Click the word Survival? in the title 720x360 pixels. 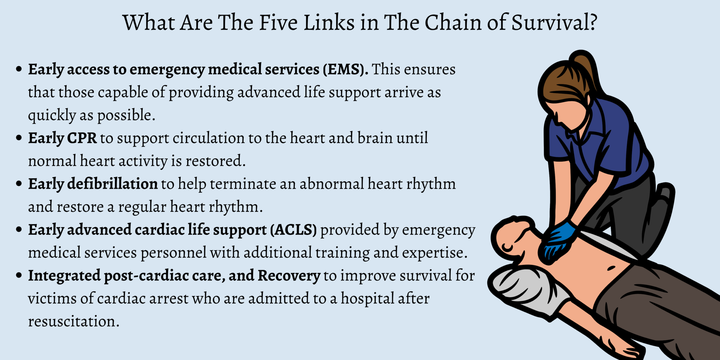tap(554, 23)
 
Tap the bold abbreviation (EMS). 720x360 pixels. tap(346, 69)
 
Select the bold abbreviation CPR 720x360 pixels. tap(82, 138)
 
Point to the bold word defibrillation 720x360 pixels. tap(112, 184)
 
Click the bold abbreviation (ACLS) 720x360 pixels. tap(293, 230)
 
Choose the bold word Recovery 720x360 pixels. tap(289, 276)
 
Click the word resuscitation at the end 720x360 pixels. tap(73, 321)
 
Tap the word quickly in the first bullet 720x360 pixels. tap(52, 115)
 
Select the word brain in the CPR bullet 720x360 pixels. tap(375, 138)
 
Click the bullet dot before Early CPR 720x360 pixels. tap(19, 138)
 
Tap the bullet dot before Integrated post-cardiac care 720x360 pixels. tap(19, 275)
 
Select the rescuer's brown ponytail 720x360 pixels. tap(585, 67)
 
